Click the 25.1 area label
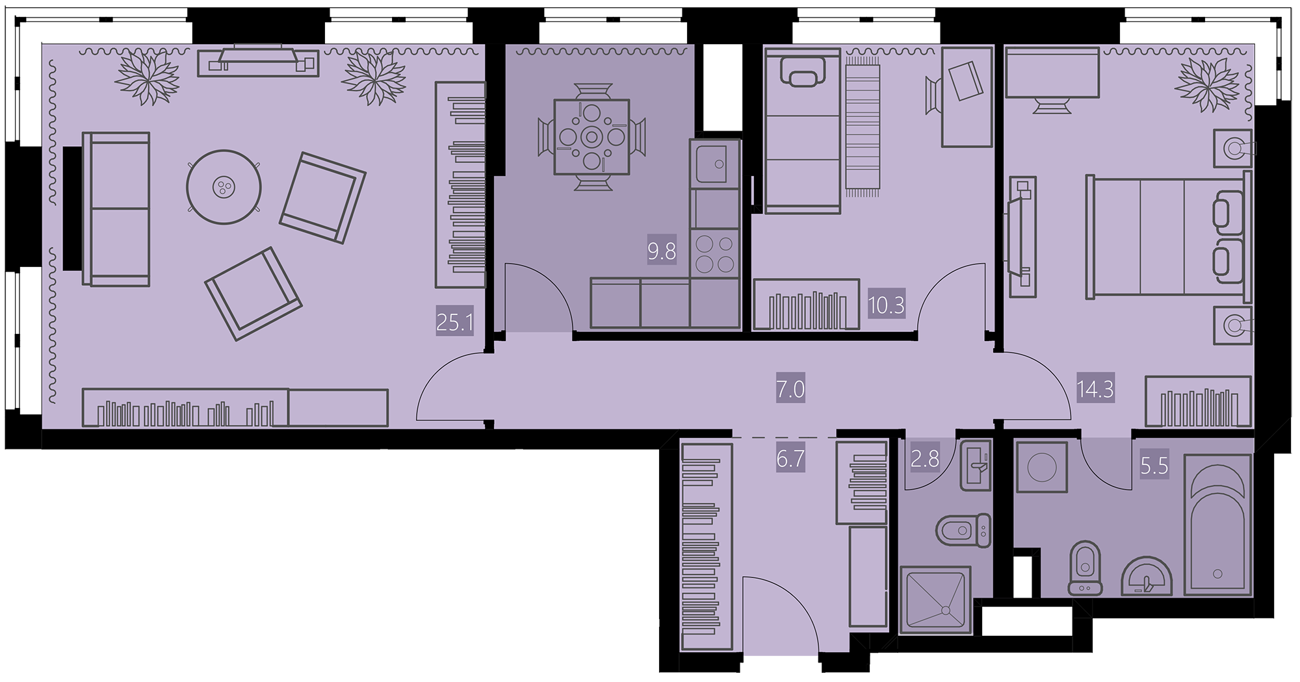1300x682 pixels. point(454,322)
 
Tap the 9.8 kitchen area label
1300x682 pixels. point(662,251)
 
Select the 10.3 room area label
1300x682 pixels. point(886,304)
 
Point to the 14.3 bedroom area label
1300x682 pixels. point(1095,390)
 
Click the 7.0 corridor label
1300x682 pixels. point(790,390)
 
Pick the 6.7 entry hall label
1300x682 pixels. point(790,459)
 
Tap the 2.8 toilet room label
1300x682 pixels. point(925,459)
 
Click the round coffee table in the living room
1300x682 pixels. point(224,187)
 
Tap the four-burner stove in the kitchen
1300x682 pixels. point(715,253)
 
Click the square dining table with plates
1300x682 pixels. point(591,136)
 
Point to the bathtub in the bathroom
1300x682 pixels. point(1217,525)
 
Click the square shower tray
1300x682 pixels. point(935,600)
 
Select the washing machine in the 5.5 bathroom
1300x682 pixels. point(1041,467)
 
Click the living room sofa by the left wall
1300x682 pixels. point(116,209)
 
